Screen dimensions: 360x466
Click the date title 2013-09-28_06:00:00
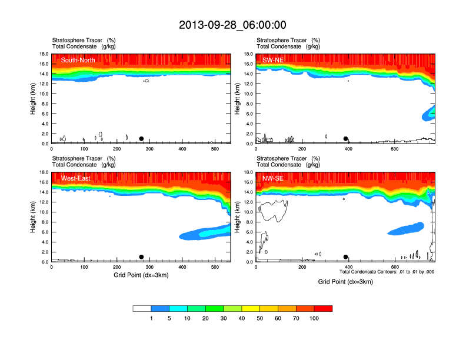(232, 25)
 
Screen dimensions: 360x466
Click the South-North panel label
(78, 60)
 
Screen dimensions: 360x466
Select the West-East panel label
(76, 178)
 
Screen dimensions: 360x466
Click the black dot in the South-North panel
(141, 139)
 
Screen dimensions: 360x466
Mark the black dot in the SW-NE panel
(346, 139)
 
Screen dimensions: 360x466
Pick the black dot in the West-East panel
(141, 257)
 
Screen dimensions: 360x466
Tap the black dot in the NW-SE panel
(345, 257)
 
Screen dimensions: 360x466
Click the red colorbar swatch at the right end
(323, 308)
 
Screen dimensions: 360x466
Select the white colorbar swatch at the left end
(142, 308)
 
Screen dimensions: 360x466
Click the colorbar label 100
(314, 318)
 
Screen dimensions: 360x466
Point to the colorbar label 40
(242, 318)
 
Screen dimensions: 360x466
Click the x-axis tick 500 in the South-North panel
(214, 149)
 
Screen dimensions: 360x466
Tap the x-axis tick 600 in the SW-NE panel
(394, 149)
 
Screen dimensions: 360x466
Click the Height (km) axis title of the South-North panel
(34, 99)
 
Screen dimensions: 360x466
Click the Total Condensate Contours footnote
(387, 272)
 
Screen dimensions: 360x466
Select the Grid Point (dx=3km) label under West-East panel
(141, 275)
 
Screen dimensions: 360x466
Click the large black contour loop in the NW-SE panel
(275, 211)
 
